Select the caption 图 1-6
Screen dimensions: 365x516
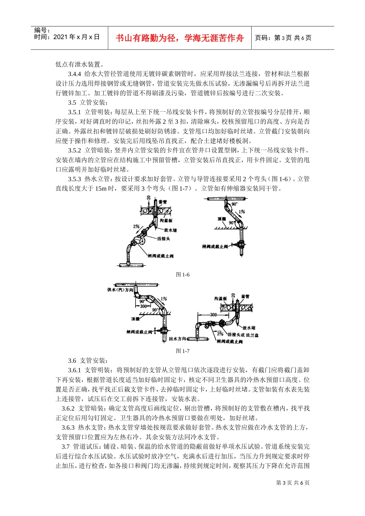tap(182, 275)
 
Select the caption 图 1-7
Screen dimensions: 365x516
tap(182, 351)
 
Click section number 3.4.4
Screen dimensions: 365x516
tap(75, 74)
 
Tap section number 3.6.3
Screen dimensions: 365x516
tap(68, 428)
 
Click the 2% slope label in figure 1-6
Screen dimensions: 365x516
tap(136, 227)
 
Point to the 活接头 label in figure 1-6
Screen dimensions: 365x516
tap(163, 239)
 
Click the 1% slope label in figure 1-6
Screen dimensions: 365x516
tap(242, 212)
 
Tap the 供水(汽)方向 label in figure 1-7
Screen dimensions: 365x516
tap(120, 290)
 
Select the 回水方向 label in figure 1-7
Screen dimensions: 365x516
tap(178, 339)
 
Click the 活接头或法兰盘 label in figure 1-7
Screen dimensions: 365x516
tap(243, 335)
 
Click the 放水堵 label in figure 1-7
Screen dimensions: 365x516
tap(250, 328)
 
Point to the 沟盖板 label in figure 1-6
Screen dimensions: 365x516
tap(166, 220)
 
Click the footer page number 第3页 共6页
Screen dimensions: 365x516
tap(293, 483)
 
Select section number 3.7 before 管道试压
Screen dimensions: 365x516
tap(65, 447)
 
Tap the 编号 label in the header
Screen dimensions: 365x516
tap(42, 30)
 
